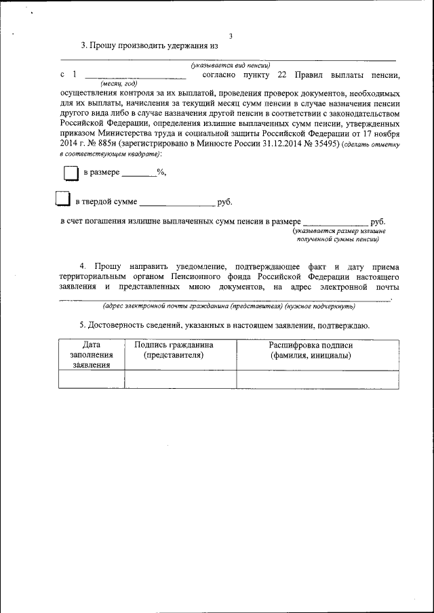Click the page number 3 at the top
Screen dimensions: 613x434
(231, 36)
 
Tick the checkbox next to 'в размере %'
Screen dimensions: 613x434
(71, 173)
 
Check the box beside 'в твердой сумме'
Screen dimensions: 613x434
(62, 199)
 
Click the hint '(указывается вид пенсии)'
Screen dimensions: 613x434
(226, 65)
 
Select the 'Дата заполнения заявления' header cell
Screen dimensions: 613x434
(92, 355)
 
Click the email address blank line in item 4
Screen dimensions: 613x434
(224, 299)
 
